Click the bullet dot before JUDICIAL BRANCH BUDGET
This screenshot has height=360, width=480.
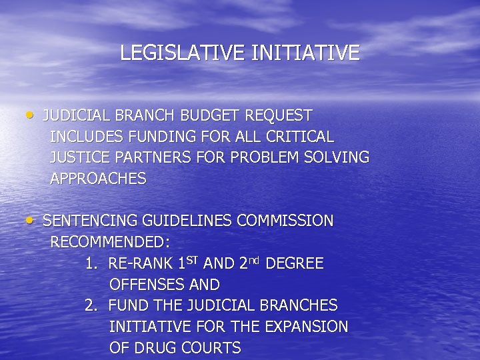pos(32,114)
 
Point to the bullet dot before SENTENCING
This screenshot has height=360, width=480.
pos(32,219)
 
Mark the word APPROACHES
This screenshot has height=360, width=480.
pos(98,179)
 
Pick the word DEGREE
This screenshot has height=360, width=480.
pos(295,264)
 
